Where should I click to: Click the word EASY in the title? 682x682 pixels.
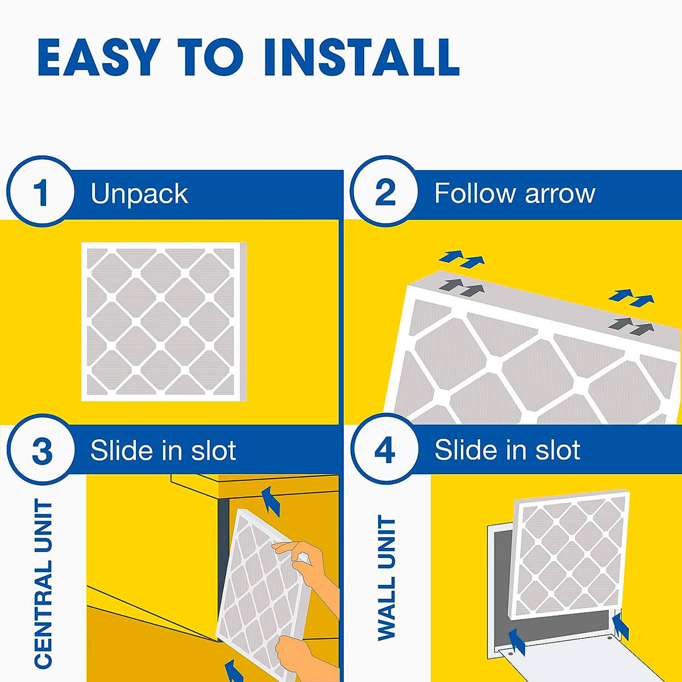point(96,57)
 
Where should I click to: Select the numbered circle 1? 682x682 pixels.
point(41,192)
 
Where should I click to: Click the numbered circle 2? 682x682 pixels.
point(385,192)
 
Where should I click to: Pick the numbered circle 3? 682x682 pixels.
point(41,450)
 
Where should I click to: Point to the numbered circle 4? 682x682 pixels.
point(385,450)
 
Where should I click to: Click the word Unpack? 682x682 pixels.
point(139,195)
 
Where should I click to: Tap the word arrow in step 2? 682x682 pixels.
point(560,195)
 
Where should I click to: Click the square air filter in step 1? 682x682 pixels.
point(164,321)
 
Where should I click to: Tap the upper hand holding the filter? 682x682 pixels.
point(305,563)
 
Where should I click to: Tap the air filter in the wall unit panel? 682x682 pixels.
point(569,555)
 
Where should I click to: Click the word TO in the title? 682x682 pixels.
point(210,57)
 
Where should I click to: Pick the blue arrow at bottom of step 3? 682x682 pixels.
point(234,670)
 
